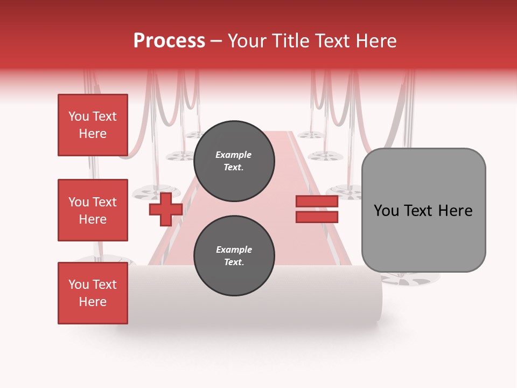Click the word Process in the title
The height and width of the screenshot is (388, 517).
coord(169,41)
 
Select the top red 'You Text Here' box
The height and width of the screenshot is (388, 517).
coord(93,125)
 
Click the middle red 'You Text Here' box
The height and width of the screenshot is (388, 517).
coord(93,210)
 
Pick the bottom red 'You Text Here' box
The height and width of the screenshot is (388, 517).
coord(93,293)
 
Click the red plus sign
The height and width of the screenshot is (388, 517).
coord(165,209)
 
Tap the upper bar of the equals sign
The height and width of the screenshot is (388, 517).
coord(317,202)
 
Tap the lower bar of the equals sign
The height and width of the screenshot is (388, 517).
coord(317,217)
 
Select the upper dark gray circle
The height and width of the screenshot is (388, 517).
coord(234,161)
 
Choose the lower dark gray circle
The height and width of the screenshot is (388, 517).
coord(234,256)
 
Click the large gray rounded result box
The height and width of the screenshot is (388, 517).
coord(423,210)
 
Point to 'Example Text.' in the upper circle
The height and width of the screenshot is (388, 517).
coord(234,161)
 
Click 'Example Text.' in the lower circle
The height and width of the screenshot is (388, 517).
coord(234,256)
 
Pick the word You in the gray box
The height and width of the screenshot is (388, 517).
coord(386,211)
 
